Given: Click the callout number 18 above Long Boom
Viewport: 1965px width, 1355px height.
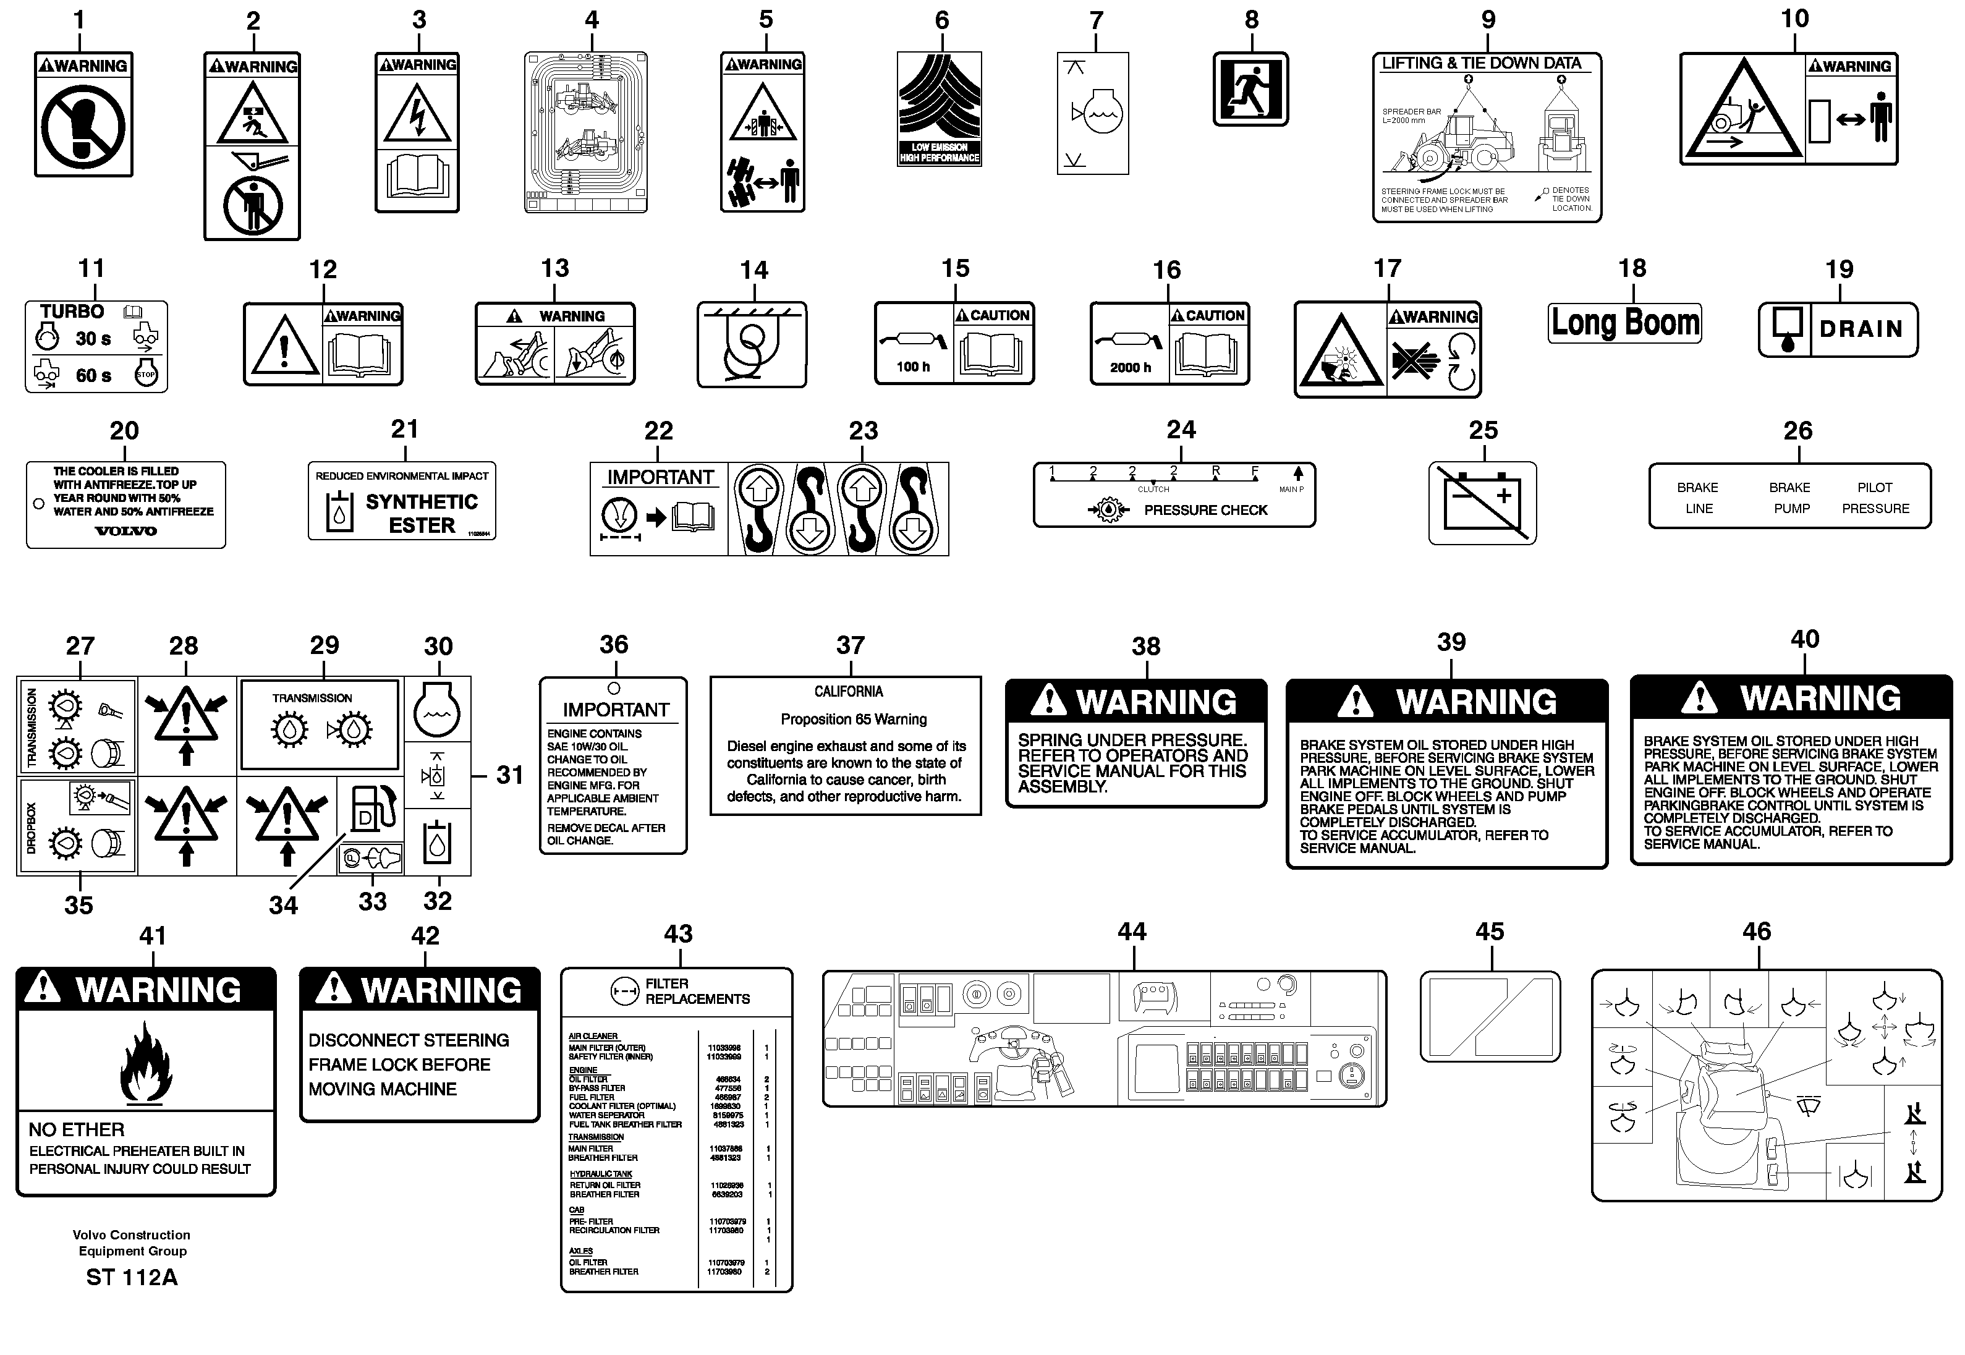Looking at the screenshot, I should click(1631, 268).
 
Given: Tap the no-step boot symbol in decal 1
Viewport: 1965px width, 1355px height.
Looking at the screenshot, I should click(84, 128).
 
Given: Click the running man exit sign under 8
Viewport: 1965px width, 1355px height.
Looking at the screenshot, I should click(1250, 89).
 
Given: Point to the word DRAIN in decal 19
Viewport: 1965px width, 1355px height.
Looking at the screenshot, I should click(1861, 329).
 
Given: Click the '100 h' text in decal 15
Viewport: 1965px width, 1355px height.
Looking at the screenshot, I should click(914, 367).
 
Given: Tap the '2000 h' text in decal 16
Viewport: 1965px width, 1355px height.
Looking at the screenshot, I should click(1130, 368).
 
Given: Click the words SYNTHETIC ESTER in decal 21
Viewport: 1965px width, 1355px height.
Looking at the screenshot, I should click(422, 514).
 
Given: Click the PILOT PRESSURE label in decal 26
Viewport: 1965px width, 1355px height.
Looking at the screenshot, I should click(1875, 498).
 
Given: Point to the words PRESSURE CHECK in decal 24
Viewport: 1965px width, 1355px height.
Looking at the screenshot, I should click(1205, 510).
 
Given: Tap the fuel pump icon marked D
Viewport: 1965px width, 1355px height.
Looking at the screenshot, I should click(371, 809).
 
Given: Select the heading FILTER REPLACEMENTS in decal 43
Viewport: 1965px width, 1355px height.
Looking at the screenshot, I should click(696, 992).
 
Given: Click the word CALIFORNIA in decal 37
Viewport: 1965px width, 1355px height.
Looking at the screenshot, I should click(848, 691).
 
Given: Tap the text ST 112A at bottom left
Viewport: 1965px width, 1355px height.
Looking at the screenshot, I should click(132, 1278).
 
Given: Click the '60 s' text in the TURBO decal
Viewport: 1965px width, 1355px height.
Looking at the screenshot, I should click(93, 375).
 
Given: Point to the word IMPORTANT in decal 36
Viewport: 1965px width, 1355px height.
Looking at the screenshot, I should click(616, 710).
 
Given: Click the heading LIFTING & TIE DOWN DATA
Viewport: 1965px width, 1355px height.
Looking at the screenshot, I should click(1480, 64).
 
